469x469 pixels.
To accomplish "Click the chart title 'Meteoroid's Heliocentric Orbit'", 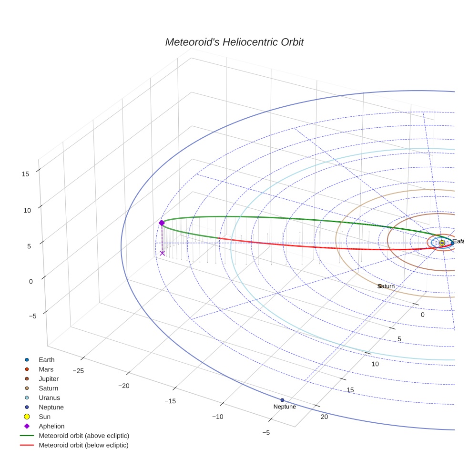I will tap(234, 42).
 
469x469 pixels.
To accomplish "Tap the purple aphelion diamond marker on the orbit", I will tap(162, 223).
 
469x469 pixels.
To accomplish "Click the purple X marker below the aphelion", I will tap(162, 253).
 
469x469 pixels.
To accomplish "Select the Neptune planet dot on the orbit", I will tap(282, 400).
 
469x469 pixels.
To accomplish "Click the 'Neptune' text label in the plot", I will tap(285, 407).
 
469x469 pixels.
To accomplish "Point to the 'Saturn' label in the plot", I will tap(386, 286).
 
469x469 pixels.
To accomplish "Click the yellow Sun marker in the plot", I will tap(442, 243).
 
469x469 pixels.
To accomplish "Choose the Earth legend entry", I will tap(46, 360).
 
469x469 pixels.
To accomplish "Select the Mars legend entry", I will tap(46, 369).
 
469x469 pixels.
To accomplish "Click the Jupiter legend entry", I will tap(49, 379).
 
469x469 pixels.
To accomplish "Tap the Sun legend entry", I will tap(44, 417).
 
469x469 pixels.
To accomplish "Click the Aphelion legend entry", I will tap(51, 426).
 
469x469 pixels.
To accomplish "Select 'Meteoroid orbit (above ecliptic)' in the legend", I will tap(84, 436).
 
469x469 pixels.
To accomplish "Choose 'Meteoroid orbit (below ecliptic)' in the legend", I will tap(83, 445).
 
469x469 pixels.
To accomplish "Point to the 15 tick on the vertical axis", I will tap(26, 174).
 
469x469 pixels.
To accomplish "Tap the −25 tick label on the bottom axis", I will tap(79, 371).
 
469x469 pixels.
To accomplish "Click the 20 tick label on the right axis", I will tap(325, 418).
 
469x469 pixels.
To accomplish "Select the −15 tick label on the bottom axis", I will tap(170, 401).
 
